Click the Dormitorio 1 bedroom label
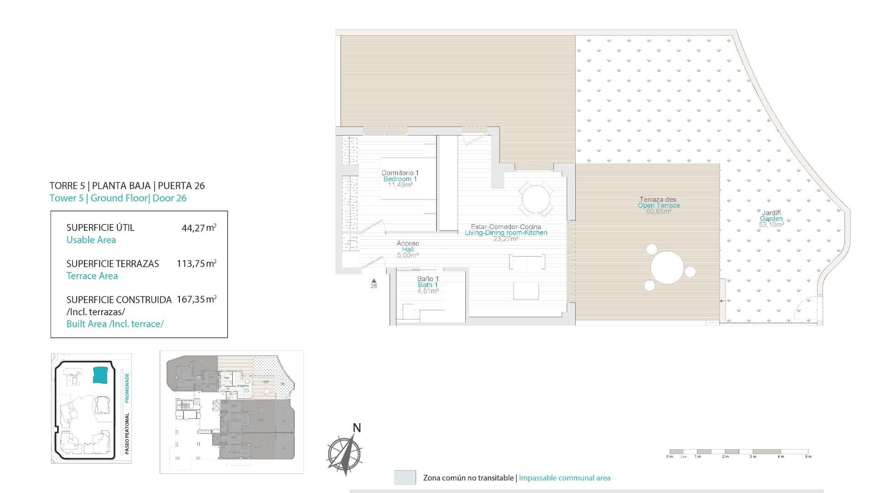pyautogui.click(x=400, y=178)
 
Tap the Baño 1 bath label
pyautogui.click(x=428, y=284)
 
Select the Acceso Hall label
pyautogui.click(x=407, y=249)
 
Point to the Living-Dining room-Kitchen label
pyautogui.click(x=506, y=232)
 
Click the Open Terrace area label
pyautogui.click(x=658, y=205)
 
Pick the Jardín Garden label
pyautogui.click(x=771, y=219)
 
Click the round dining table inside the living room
pyautogui.click(x=536, y=199)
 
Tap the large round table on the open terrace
pyautogui.click(x=667, y=267)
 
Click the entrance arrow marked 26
pyautogui.click(x=374, y=282)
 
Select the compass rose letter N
pyautogui.click(x=357, y=428)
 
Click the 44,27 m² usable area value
pyautogui.click(x=198, y=228)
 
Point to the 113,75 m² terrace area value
pyautogui.click(x=196, y=264)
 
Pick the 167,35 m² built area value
pyautogui.click(x=196, y=300)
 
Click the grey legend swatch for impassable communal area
pyautogui.click(x=405, y=477)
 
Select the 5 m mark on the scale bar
pyautogui.click(x=808, y=456)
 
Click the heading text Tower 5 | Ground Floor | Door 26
pyautogui.click(x=118, y=198)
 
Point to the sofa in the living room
pyautogui.click(x=527, y=262)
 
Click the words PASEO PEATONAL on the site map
pyautogui.click(x=127, y=434)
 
